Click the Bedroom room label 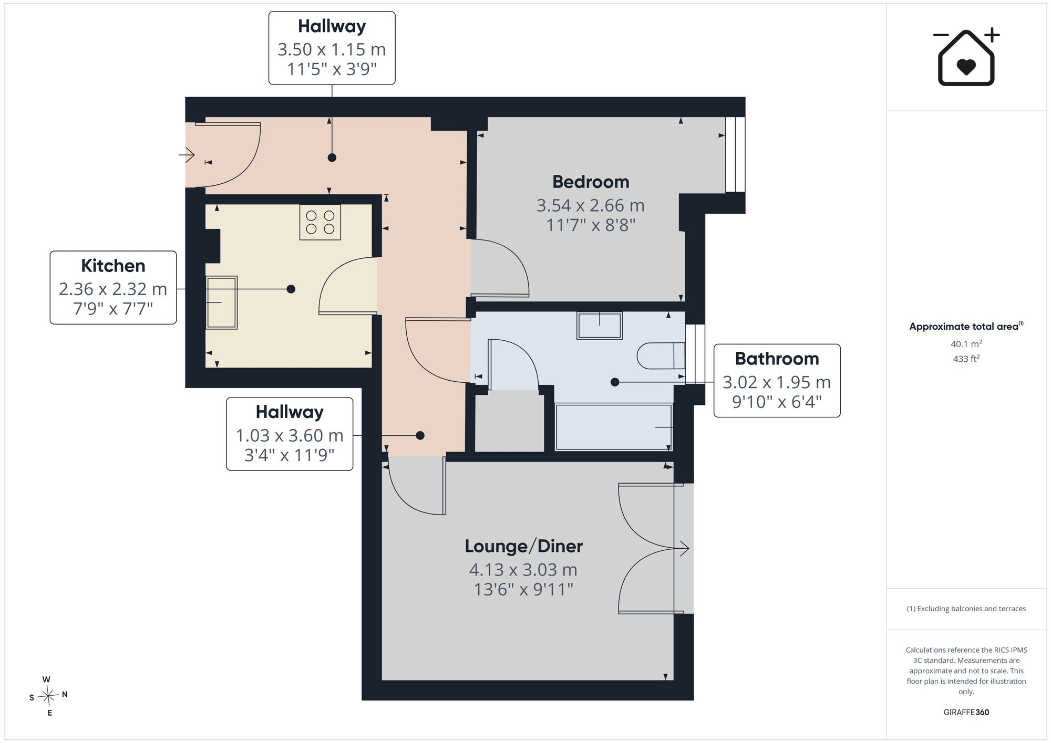pos(591,182)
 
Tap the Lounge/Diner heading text pos(524,546)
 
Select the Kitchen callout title pos(113,266)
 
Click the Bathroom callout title pos(777,359)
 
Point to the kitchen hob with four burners pos(320,223)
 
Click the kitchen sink pos(221,302)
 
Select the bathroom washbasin pos(600,326)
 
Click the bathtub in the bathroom pos(614,427)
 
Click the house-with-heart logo pos(966,57)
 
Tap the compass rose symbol pos(48,696)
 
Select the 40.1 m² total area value pos(966,344)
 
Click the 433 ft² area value pos(966,359)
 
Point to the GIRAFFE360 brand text pos(966,713)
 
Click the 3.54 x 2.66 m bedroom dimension pos(591,205)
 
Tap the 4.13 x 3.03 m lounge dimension pos(523,570)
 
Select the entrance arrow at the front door pos(187,155)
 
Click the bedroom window pos(735,154)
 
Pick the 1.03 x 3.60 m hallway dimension pos(290,435)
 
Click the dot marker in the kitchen pos(291,289)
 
